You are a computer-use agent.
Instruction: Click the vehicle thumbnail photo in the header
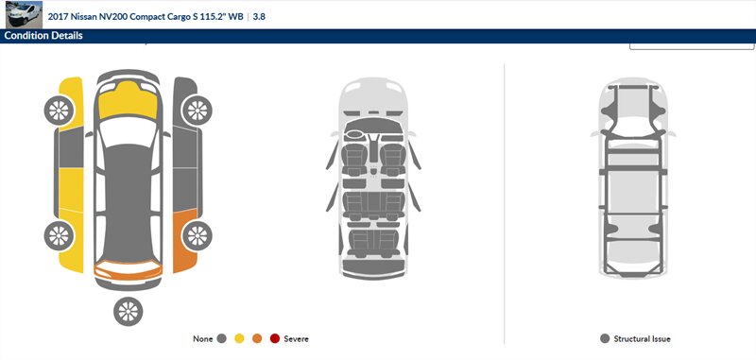click(x=25, y=14)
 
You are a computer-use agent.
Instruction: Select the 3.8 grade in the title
click(x=259, y=16)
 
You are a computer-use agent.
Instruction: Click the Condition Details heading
click(x=43, y=36)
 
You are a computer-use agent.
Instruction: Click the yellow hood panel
click(x=128, y=101)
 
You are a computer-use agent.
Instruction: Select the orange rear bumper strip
click(x=128, y=270)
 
